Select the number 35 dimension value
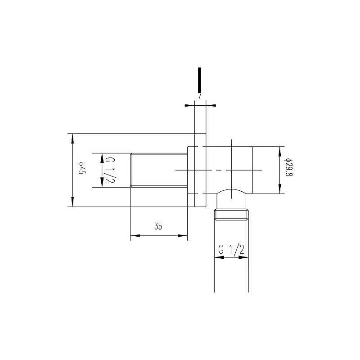pos(158,226)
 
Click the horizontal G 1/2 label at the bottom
pos(231,250)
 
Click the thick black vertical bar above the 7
pos(199,80)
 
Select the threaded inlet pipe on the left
pos(158,170)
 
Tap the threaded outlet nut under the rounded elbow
pos(231,214)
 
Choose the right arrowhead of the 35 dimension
pos(184,235)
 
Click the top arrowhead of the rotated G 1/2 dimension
pos(102,157)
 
